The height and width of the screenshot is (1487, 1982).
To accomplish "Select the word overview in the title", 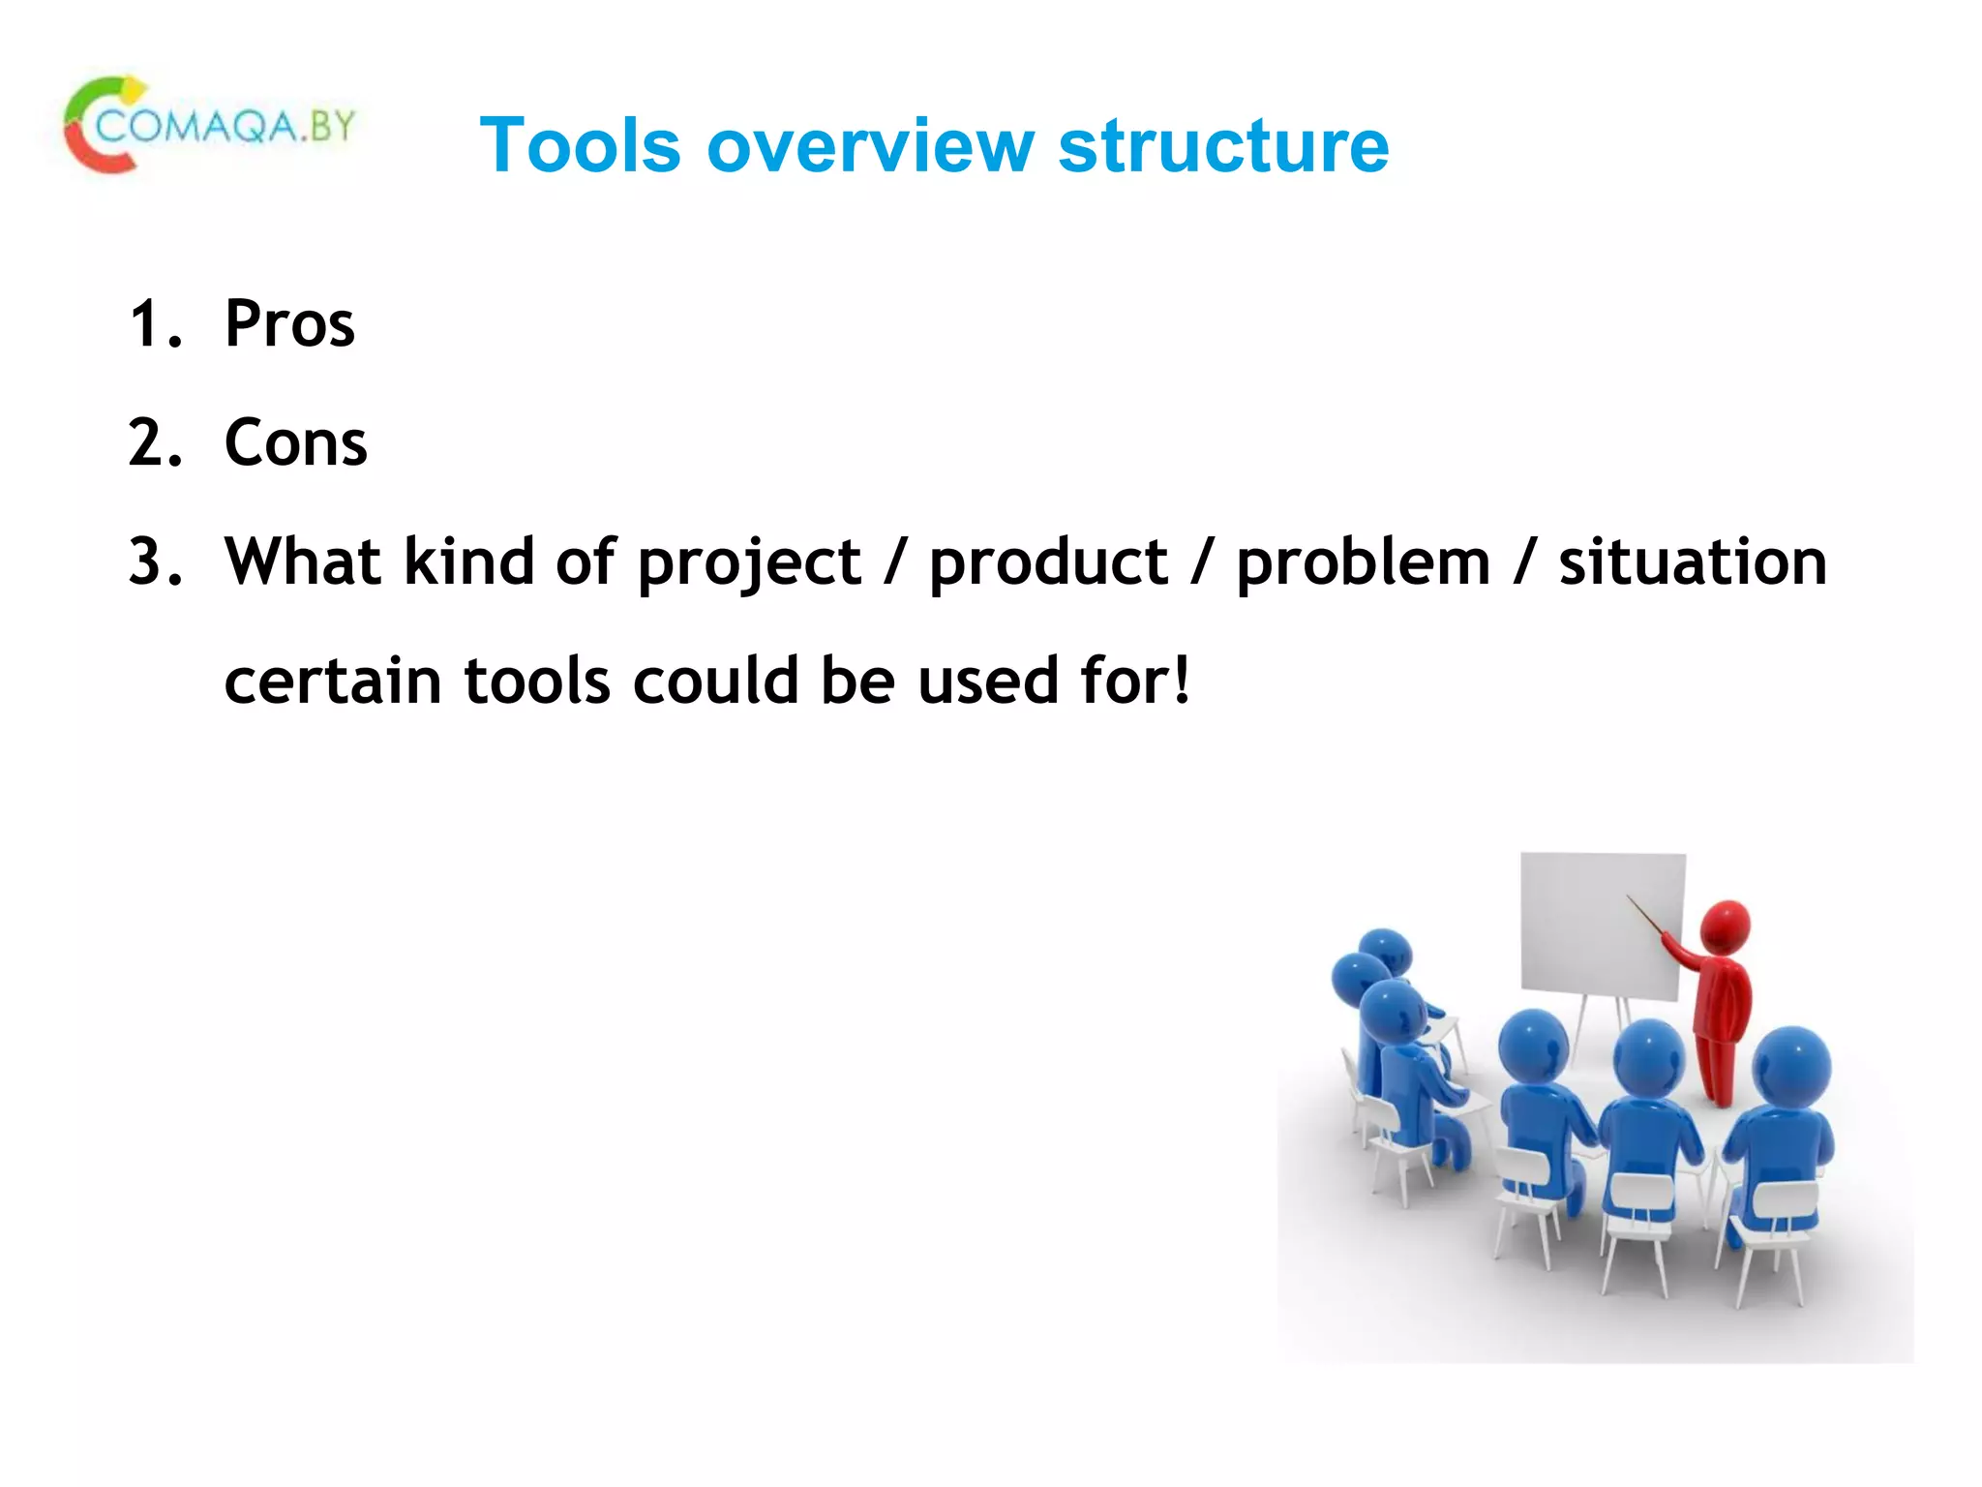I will [871, 145].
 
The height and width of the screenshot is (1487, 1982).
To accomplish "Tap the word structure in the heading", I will [1223, 145].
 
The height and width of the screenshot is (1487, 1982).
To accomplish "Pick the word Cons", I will [295, 442].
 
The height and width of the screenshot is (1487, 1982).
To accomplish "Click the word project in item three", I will [749, 563].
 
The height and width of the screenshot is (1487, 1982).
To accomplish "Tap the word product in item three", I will [1048, 563].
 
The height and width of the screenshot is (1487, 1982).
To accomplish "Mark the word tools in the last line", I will [537, 681].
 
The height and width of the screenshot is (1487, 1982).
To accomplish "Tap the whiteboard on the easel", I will [1602, 925].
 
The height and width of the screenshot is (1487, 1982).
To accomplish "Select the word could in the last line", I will [715, 681].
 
